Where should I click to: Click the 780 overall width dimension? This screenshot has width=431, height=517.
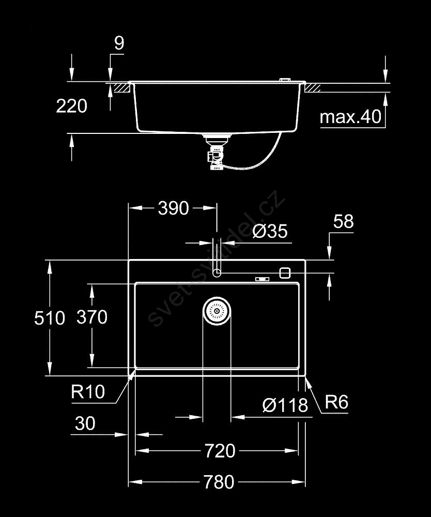[216, 482]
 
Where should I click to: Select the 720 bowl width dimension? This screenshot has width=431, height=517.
[217, 451]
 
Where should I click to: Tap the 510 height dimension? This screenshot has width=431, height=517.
[50, 317]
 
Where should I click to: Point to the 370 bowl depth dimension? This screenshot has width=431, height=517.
[91, 316]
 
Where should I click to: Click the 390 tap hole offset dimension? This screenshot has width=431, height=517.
[173, 208]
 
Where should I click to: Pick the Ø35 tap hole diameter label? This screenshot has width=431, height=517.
[270, 231]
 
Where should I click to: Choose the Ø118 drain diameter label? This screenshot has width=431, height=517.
[285, 405]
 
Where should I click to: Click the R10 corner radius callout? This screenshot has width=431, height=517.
[87, 392]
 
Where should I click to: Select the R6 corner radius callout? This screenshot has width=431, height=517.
[336, 402]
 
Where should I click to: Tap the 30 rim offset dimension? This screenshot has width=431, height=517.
[85, 424]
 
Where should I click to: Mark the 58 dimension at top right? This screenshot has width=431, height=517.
[343, 222]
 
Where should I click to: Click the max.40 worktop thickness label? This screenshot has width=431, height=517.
[350, 117]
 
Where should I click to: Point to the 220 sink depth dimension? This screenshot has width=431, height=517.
[71, 107]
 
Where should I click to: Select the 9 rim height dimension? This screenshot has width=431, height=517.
[119, 43]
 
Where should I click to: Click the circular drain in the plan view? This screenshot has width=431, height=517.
[217, 311]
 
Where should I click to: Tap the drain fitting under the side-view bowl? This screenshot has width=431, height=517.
[213, 152]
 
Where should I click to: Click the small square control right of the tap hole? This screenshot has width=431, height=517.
[285, 272]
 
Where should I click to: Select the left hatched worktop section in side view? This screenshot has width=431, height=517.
[121, 87]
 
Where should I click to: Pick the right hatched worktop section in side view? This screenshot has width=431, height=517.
[313, 88]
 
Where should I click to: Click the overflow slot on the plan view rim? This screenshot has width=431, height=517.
[262, 279]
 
